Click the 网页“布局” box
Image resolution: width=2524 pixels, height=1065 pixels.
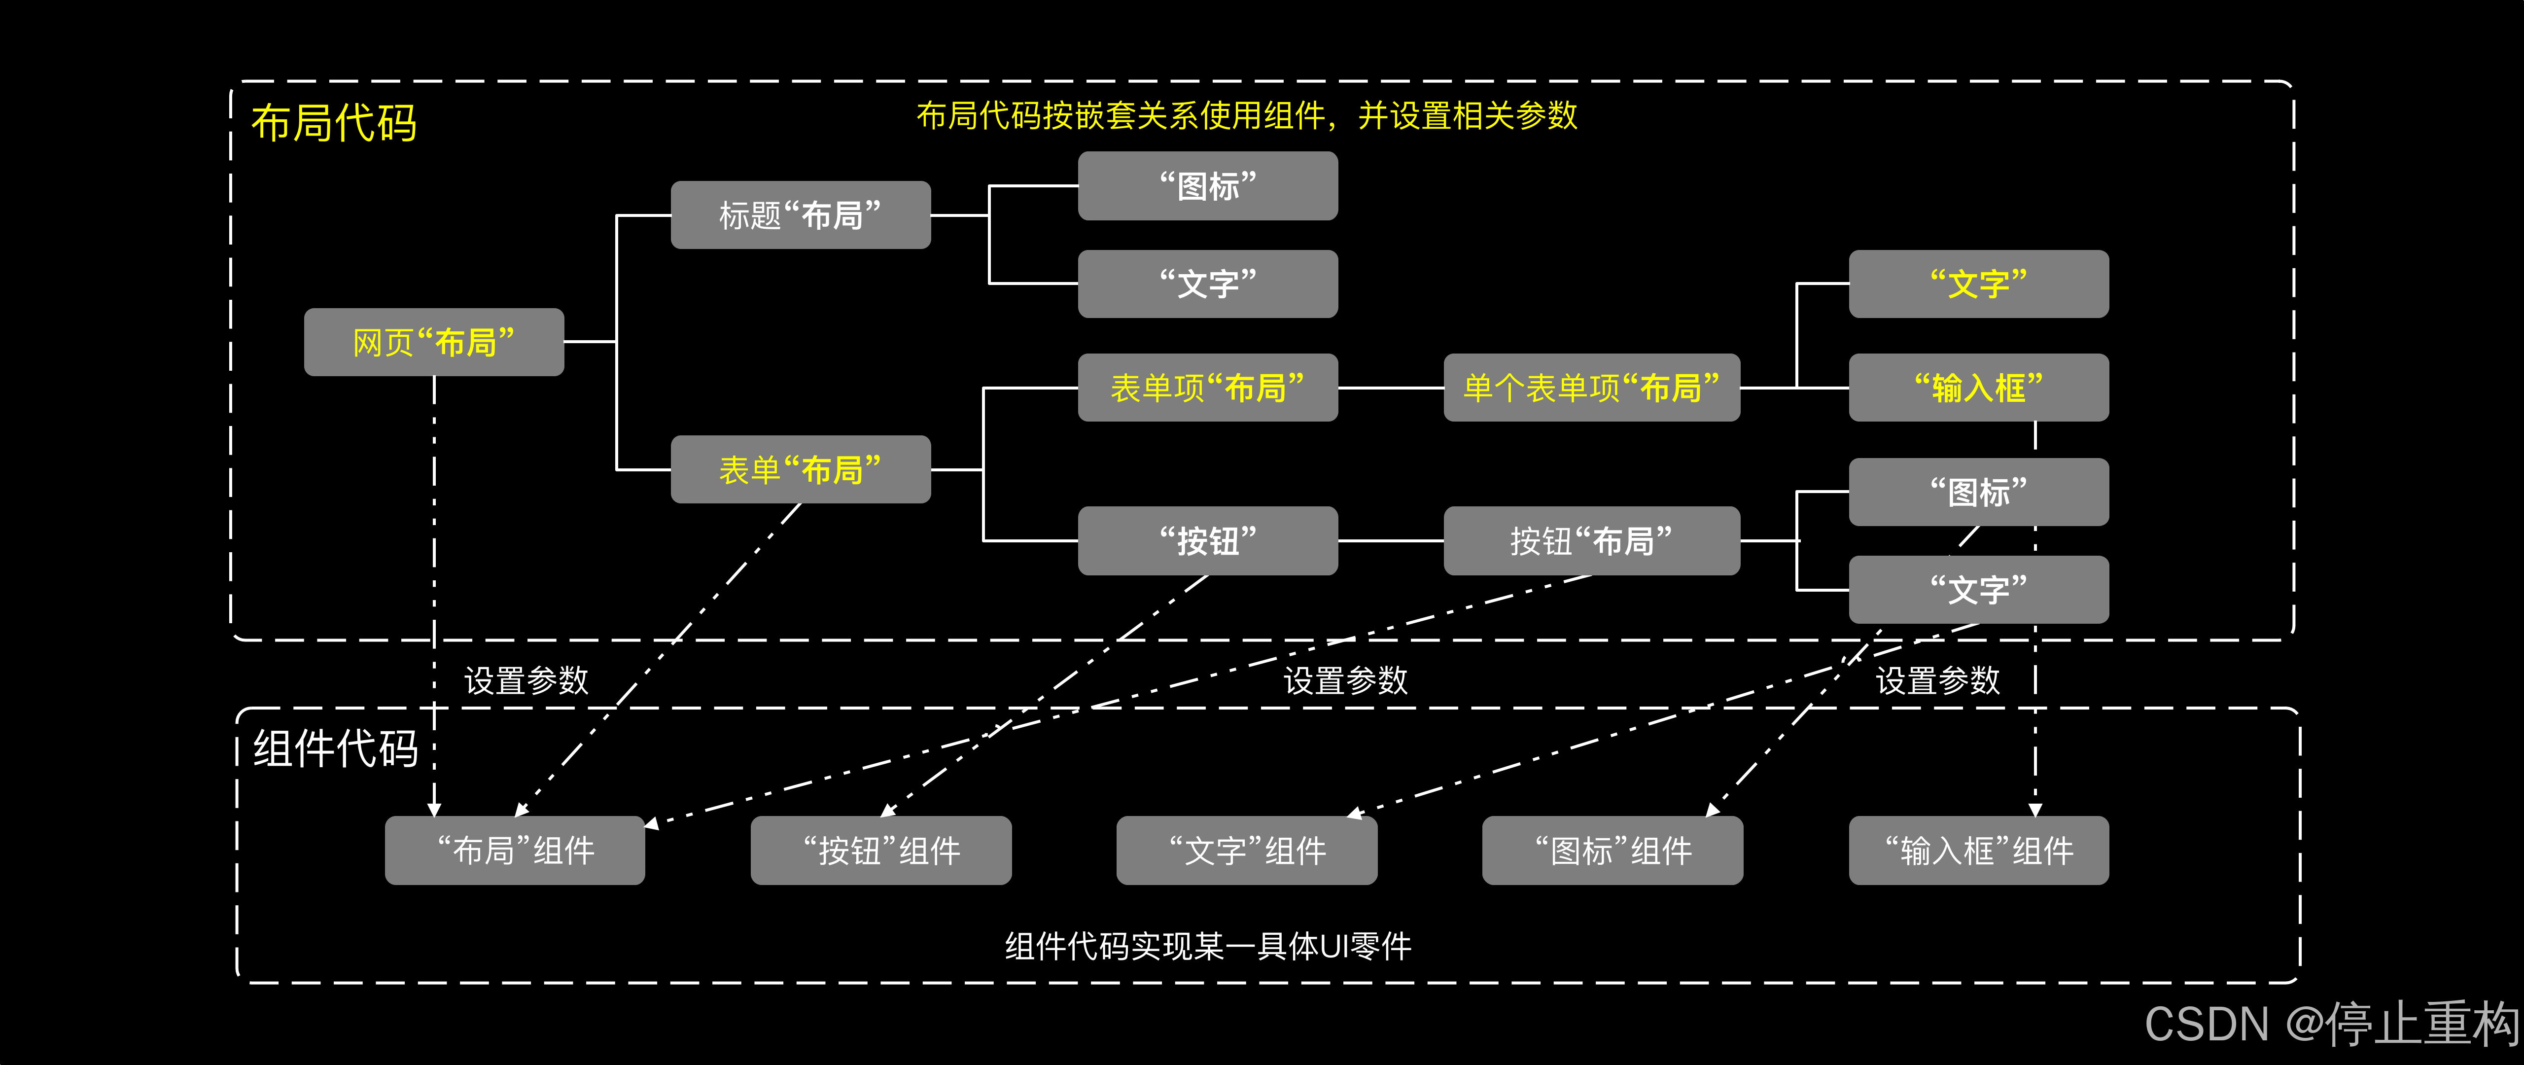coord(433,342)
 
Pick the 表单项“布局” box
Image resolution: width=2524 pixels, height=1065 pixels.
coord(1207,388)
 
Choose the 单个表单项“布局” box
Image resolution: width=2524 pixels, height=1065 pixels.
coord(1591,388)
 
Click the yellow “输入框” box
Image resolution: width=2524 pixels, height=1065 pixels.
coord(1978,388)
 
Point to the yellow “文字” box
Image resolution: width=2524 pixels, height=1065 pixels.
coord(1978,284)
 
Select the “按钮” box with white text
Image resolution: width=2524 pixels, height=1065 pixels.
coord(1207,541)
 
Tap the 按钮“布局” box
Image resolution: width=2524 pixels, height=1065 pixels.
coord(1591,541)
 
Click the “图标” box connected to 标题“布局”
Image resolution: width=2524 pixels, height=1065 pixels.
coord(1207,185)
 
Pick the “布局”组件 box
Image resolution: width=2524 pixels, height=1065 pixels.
coord(514,851)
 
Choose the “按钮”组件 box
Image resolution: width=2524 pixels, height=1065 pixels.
coord(881,851)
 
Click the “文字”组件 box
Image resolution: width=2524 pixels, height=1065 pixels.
coord(1246,851)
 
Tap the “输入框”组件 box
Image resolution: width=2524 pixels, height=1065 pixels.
coord(1978,851)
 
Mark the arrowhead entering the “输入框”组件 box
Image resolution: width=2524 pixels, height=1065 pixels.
coord(2035,809)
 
